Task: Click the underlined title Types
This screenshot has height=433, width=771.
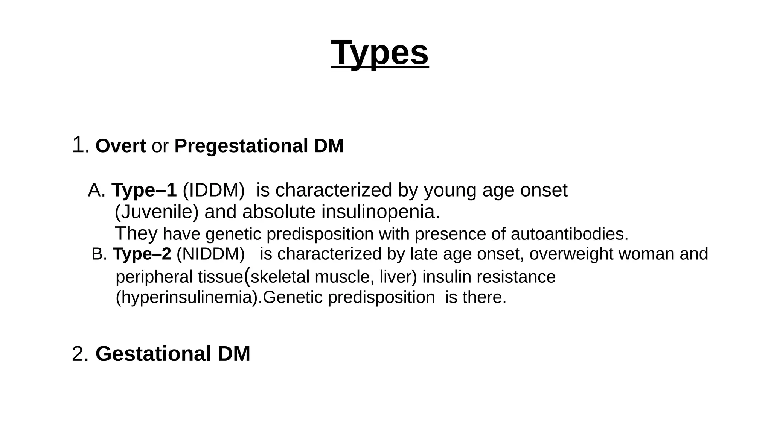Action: pos(379,53)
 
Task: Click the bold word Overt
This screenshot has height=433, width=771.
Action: pos(120,146)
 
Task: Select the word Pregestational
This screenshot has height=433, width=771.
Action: pos(241,146)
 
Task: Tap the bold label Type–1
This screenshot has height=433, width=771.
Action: pos(144,190)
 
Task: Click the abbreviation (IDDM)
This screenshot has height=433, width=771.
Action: pos(213,190)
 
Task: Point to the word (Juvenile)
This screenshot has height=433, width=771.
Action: pos(156,212)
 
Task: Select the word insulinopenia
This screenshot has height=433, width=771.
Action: pos(380,212)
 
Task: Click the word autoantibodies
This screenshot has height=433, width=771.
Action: pos(569,234)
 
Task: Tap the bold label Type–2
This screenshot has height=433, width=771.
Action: pos(142,254)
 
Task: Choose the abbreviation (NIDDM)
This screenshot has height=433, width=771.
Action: pos(210,254)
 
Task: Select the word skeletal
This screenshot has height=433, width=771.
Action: pos(280,277)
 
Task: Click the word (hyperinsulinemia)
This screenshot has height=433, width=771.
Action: pos(189,298)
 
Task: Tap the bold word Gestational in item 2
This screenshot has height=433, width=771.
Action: pos(153,354)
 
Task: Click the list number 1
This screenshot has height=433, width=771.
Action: pos(78,145)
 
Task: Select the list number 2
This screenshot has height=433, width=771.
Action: pos(78,354)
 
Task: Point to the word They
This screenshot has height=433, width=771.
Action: pos(136,233)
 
